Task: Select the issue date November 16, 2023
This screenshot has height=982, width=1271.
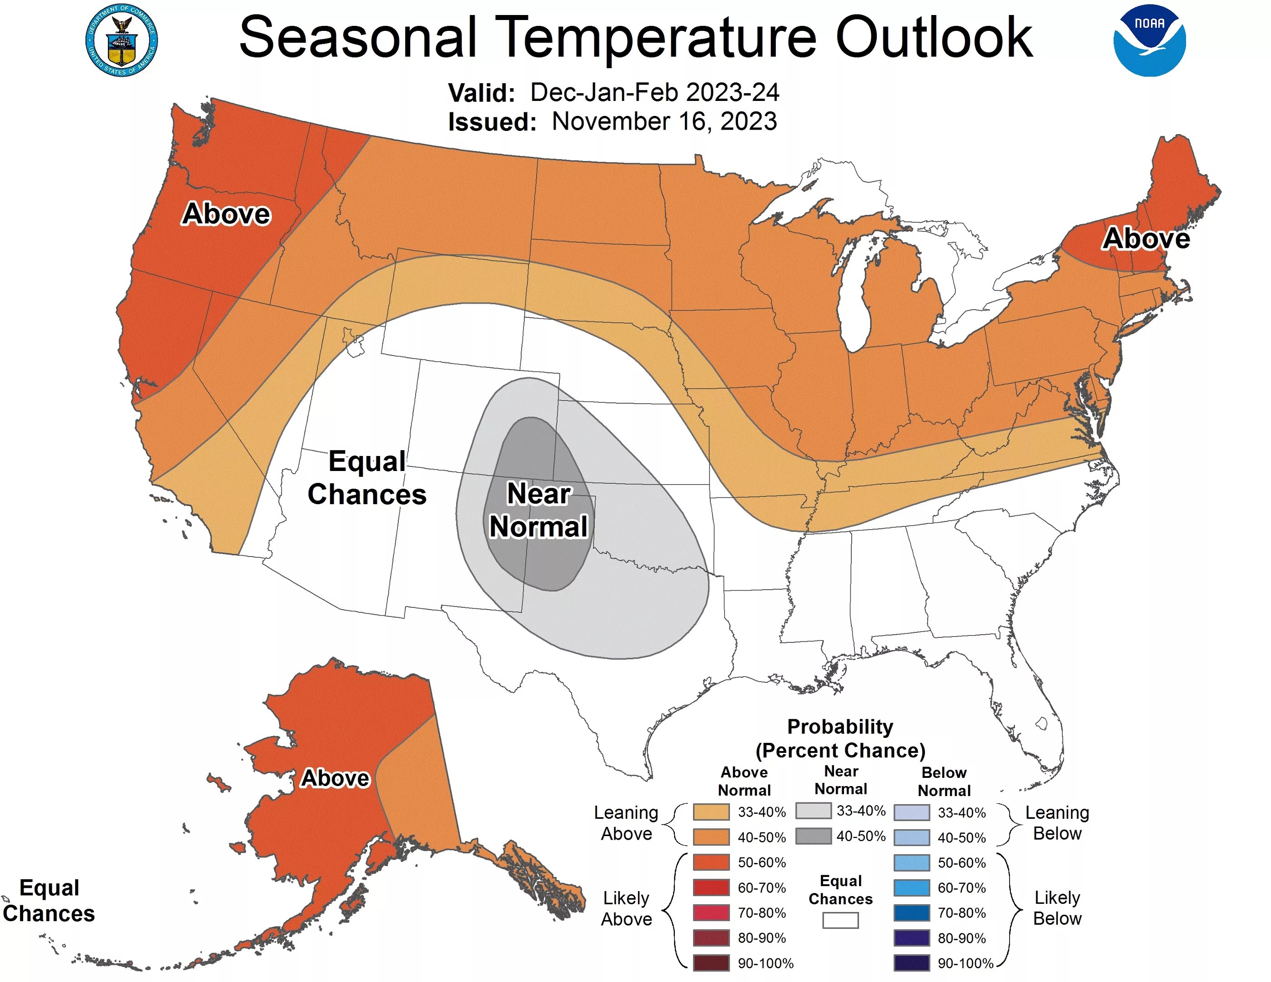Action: [x=664, y=121]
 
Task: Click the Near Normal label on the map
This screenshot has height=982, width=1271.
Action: [x=538, y=510]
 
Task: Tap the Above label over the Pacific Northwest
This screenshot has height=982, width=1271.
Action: [x=226, y=214]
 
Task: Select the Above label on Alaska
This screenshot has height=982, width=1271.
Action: [x=335, y=778]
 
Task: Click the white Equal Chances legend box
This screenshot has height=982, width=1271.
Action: [x=840, y=920]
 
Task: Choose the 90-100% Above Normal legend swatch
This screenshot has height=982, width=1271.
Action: [x=711, y=963]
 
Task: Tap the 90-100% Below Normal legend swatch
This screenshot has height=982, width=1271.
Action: [x=911, y=963]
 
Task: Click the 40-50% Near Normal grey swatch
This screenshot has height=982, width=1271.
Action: [x=813, y=836]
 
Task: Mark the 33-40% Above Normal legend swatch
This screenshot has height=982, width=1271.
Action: [x=711, y=812]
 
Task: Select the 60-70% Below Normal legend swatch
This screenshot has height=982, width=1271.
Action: [x=911, y=887]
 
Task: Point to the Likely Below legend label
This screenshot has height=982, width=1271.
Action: [x=1057, y=907]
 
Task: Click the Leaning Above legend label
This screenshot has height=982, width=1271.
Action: [x=626, y=822]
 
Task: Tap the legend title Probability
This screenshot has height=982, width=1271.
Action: [x=840, y=726]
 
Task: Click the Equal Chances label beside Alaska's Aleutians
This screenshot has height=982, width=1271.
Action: [x=49, y=901]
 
